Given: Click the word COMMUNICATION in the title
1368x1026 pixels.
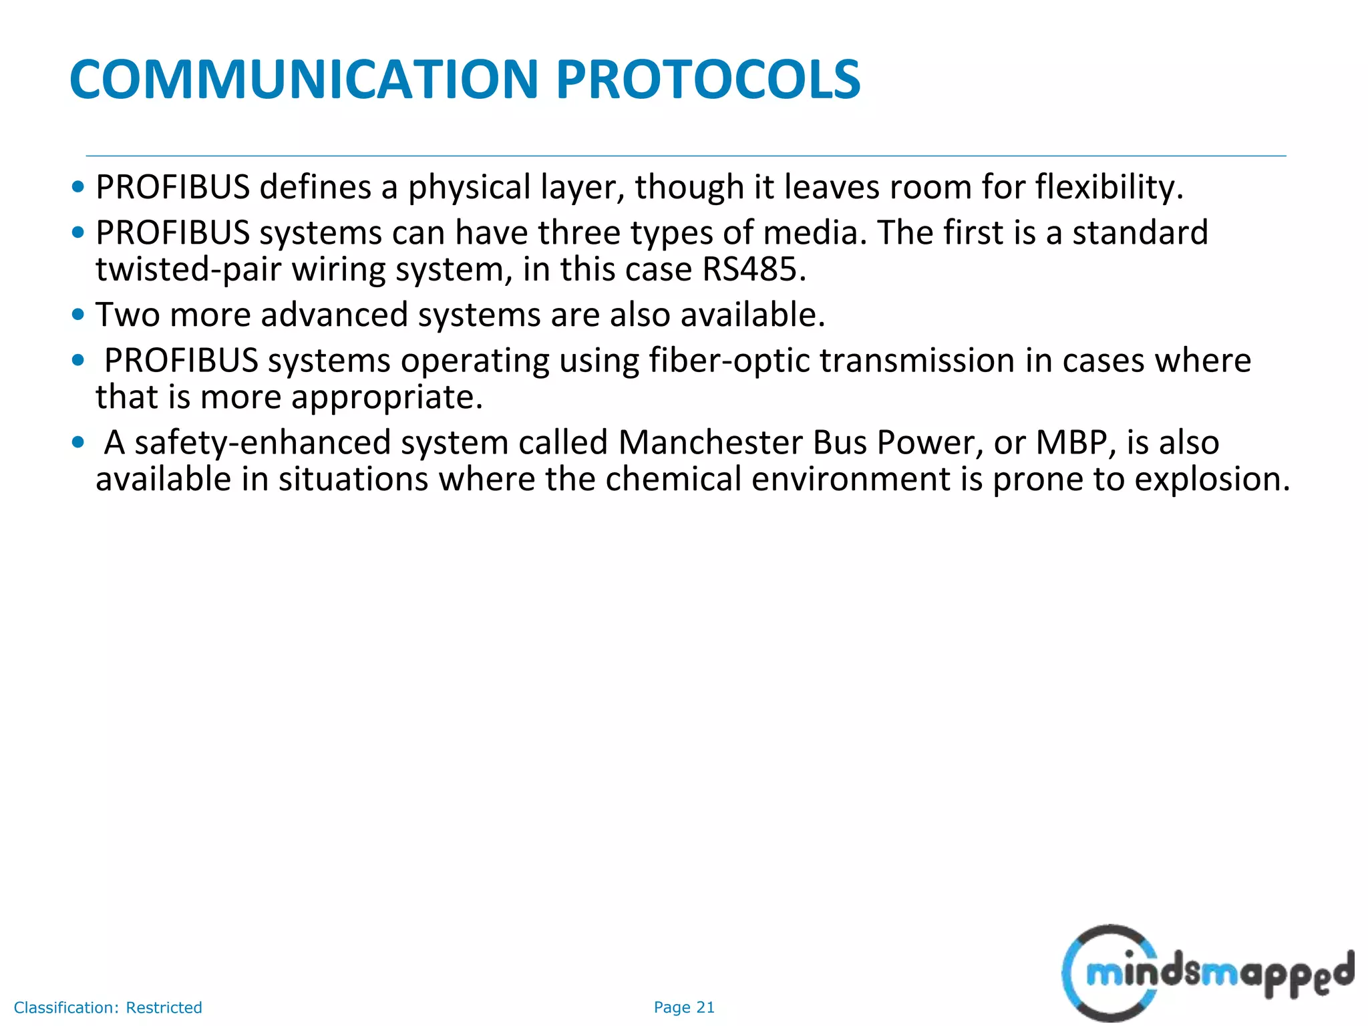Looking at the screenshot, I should click(304, 79).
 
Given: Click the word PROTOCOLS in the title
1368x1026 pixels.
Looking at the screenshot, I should click(708, 79).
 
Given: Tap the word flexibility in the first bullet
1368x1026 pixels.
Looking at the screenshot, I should click(1109, 187).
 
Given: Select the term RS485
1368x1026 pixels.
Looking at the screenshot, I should click(753, 269).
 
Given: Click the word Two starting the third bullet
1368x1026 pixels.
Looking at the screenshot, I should click(128, 315).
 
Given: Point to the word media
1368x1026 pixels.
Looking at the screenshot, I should click(814, 232).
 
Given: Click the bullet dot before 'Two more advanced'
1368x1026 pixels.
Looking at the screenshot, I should click(78, 315).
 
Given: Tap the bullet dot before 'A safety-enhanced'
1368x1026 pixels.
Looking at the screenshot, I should click(78, 442).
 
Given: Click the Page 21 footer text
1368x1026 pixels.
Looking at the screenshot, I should click(684, 1007).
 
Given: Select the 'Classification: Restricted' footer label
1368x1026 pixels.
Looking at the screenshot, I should click(108, 1007).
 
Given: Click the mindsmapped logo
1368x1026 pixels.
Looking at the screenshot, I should click(1206, 972).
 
